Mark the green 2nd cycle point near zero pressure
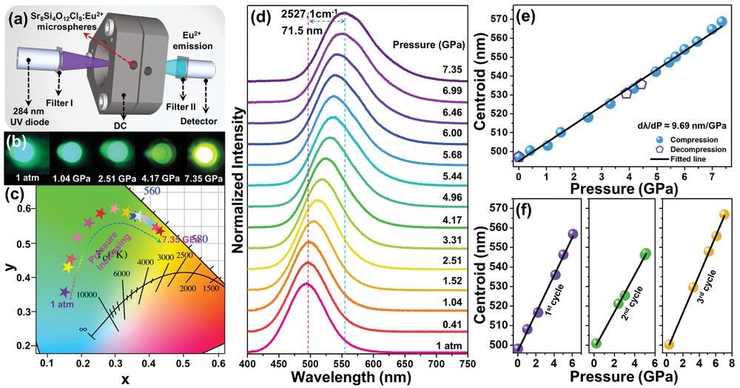596,343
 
